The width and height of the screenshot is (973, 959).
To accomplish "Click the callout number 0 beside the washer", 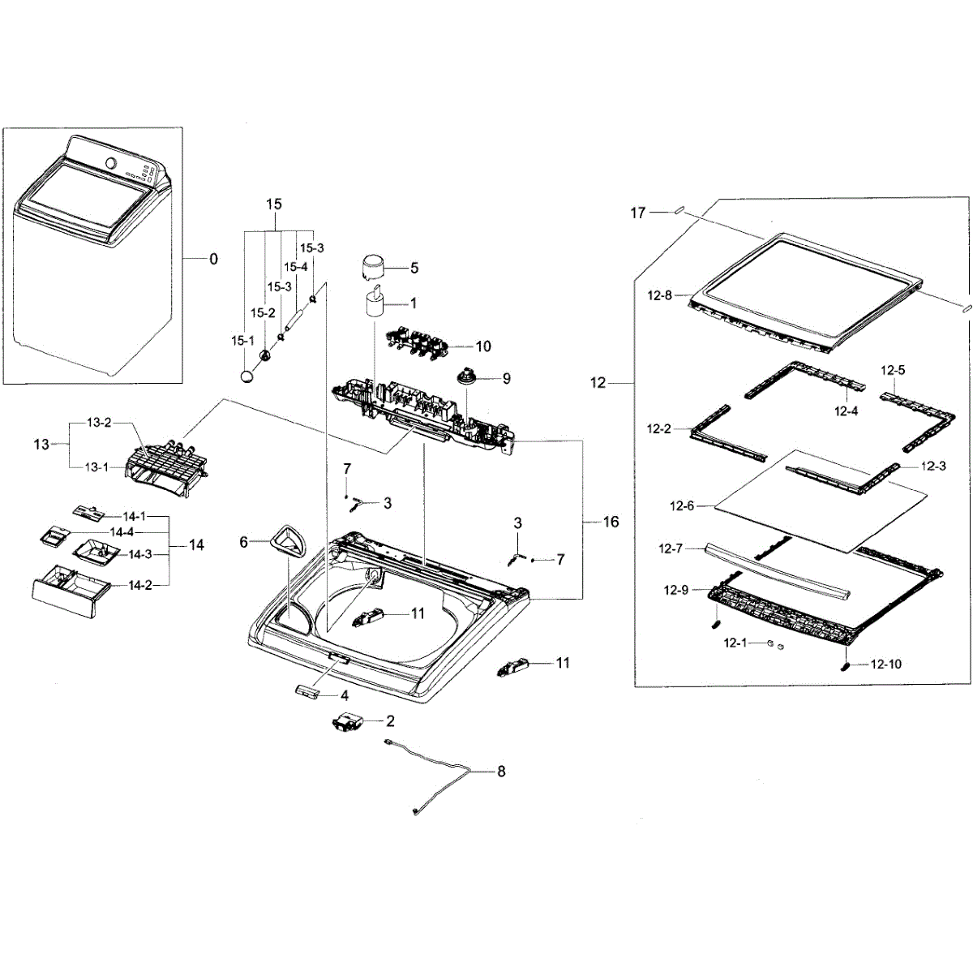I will pos(213,260).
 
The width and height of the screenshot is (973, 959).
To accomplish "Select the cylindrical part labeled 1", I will pos(374,304).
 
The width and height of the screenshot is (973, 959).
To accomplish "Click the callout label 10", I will pos(483,346).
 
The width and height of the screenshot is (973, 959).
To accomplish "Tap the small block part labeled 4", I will pos(306,691).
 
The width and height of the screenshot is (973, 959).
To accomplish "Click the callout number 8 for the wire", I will pos(501,772).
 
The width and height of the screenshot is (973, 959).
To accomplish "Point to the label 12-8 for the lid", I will pos(659,296).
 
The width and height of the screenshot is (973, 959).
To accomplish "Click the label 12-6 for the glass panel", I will pos(682,506).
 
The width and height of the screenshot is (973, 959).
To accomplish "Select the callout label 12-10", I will pos(885,664).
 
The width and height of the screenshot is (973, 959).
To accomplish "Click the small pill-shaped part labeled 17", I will pos(679,211).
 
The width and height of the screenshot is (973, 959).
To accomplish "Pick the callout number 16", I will pos(611,522).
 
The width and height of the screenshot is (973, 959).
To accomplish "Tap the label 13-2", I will pos(99,423).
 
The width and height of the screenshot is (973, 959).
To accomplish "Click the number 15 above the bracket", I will pos(273,204).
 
